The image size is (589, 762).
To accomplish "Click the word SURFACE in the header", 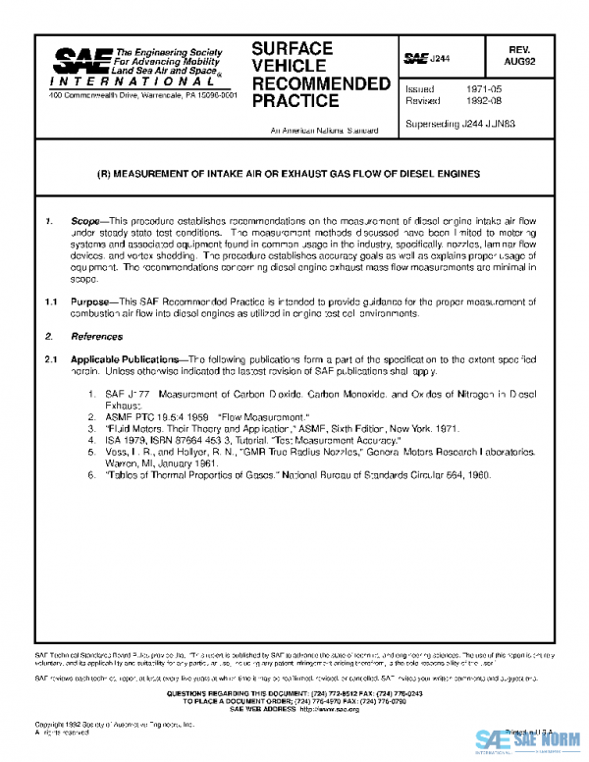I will (x=292, y=49).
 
